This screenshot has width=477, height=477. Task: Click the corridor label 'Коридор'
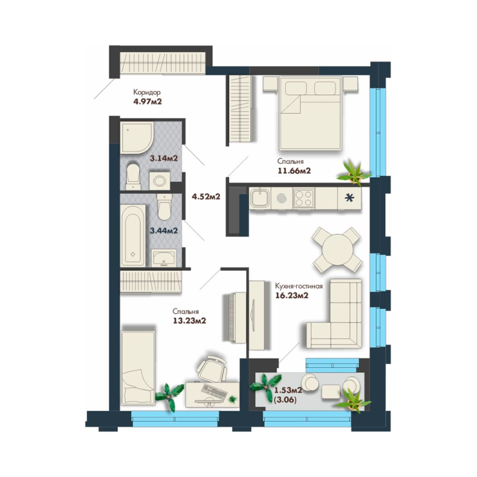coord(147,92)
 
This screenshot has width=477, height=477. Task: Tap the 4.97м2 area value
coord(148,101)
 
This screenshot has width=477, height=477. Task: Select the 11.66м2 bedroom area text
coord(294,171)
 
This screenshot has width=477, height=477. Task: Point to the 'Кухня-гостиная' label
coord(299,286)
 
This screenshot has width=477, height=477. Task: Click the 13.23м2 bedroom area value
coord(189,320)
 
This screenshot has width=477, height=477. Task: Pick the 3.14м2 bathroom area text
coord(164,158)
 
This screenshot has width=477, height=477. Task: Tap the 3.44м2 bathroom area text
coord(164,230)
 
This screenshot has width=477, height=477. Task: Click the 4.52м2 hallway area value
coord(206,196)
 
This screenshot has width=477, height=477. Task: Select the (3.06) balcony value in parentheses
coord(285,400)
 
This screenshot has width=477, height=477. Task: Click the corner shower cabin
coord(135,137)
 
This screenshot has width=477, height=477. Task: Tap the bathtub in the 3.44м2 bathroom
coord(133,235)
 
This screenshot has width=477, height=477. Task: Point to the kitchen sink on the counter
coord(260,198)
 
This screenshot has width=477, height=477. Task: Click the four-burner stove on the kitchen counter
coord(304,198)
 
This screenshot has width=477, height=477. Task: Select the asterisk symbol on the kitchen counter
coord(349,198)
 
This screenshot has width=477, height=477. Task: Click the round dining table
coord(337,250)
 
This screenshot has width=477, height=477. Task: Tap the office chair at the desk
coord(212,369)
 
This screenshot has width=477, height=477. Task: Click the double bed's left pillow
coord(296,88)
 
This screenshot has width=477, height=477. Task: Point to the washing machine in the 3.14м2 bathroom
coord(160,181)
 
